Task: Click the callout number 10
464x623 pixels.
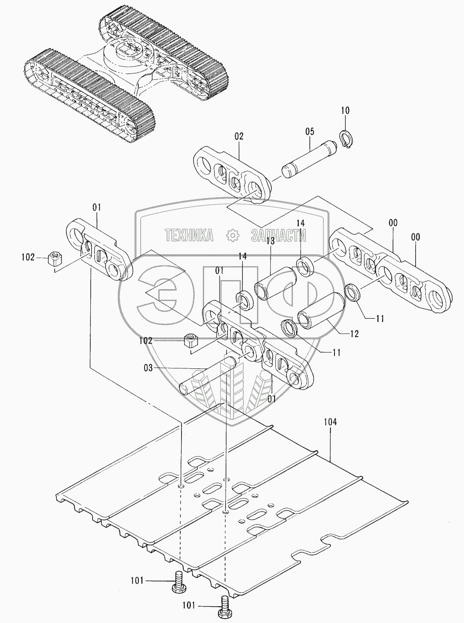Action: tap(345, 110)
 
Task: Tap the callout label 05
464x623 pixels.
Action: tap(309, 131)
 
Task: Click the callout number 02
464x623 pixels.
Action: tap(238, 137)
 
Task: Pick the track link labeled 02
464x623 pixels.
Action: tap(232, 176)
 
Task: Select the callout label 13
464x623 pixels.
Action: tap(270, 241)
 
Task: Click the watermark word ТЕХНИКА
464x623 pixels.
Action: tap(189, 236)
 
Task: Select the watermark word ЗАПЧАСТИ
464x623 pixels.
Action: tap(278, 236)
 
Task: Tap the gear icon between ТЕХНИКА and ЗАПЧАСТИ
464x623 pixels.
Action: tap(232, 236)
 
